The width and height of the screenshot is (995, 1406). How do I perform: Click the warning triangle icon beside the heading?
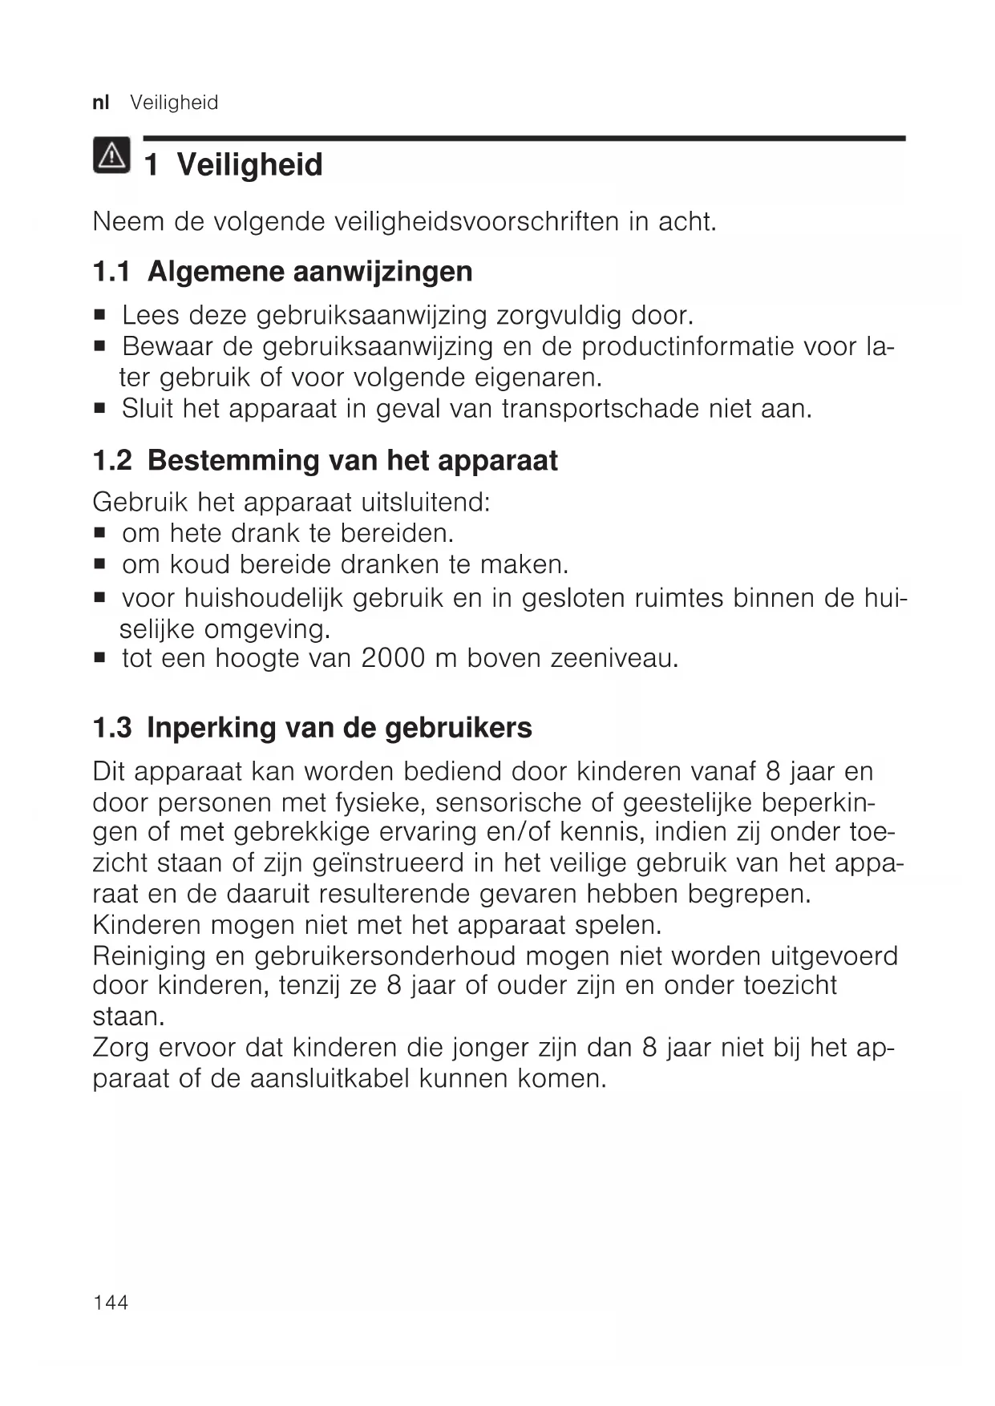(x=111, y=156)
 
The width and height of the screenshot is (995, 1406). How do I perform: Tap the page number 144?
(x=111, y=1303)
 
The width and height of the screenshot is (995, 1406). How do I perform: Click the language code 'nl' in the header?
(x=100, y=103)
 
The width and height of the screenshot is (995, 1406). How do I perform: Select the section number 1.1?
(x=111, y=272)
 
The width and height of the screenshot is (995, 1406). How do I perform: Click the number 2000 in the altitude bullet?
(x=393, y=658)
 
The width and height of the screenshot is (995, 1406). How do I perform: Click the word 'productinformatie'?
(x=688, y=346)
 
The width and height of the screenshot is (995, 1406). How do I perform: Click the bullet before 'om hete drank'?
(x=100, y=533)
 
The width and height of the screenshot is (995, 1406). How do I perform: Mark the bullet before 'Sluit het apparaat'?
(x=100, y=409)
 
